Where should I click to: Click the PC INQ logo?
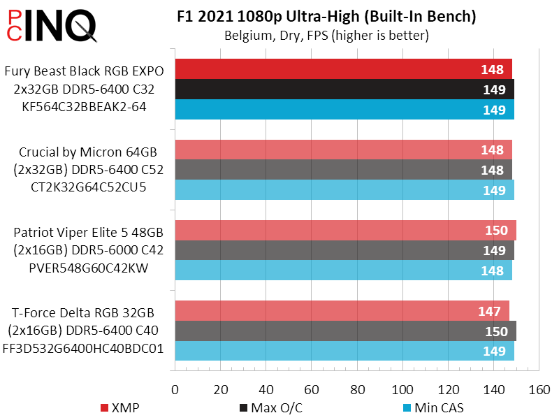pyautogui.click(x=49, y=25)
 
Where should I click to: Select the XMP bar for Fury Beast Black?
pyautogui.click(x=343, y=69)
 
